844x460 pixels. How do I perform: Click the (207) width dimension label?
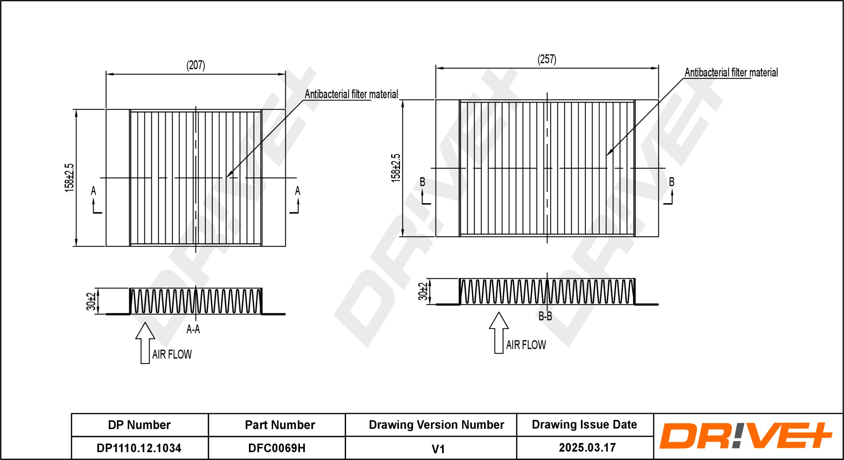click(x=196, y=65)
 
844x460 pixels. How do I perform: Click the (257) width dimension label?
click(x=547, y=59)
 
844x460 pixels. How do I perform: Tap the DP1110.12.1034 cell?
click(x=139, y=448)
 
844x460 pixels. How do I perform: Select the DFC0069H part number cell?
click(x=277, y=448)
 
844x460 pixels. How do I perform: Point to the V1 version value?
click(x=438, y=449)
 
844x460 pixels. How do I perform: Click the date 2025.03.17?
click(x=587, y=448)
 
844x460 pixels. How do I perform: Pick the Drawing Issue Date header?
click(x=584, y=425)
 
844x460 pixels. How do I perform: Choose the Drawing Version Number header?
click(x=436, y=425)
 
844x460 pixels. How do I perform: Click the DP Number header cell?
click(x=139, y=425)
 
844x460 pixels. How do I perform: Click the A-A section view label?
click(x=193, y=329)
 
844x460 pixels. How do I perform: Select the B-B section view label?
click(x=545, y=316)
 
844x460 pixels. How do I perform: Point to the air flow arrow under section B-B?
click(x=499, y=332)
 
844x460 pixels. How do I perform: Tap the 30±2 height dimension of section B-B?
click(x=423, y=291)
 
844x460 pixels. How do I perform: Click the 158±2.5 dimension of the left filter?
click(x=69, y=178)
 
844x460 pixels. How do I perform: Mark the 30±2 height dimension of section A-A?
click(x=91, y=301)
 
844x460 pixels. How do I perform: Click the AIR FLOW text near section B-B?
click(x=526, y=345)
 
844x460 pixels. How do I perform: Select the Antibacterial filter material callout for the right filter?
click(x=731, y=73)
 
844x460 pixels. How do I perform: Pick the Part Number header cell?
click(x=280, y=425)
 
